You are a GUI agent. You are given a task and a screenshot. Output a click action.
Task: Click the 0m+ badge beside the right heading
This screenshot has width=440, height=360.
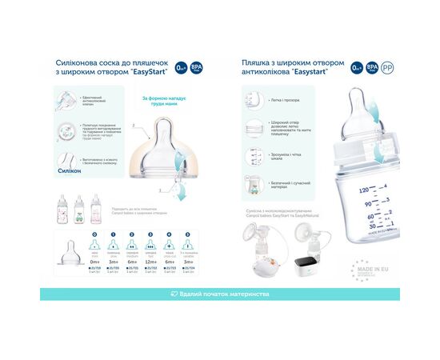(x=358, y=68)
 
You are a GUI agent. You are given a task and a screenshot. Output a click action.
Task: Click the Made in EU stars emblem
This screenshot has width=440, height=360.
(x=362, y=269)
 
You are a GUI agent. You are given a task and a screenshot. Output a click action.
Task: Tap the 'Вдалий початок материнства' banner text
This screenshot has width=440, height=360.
(x=225, y=294)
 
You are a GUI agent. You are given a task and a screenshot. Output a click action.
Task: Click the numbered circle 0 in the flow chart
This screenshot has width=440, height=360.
(x=94, y=234)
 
